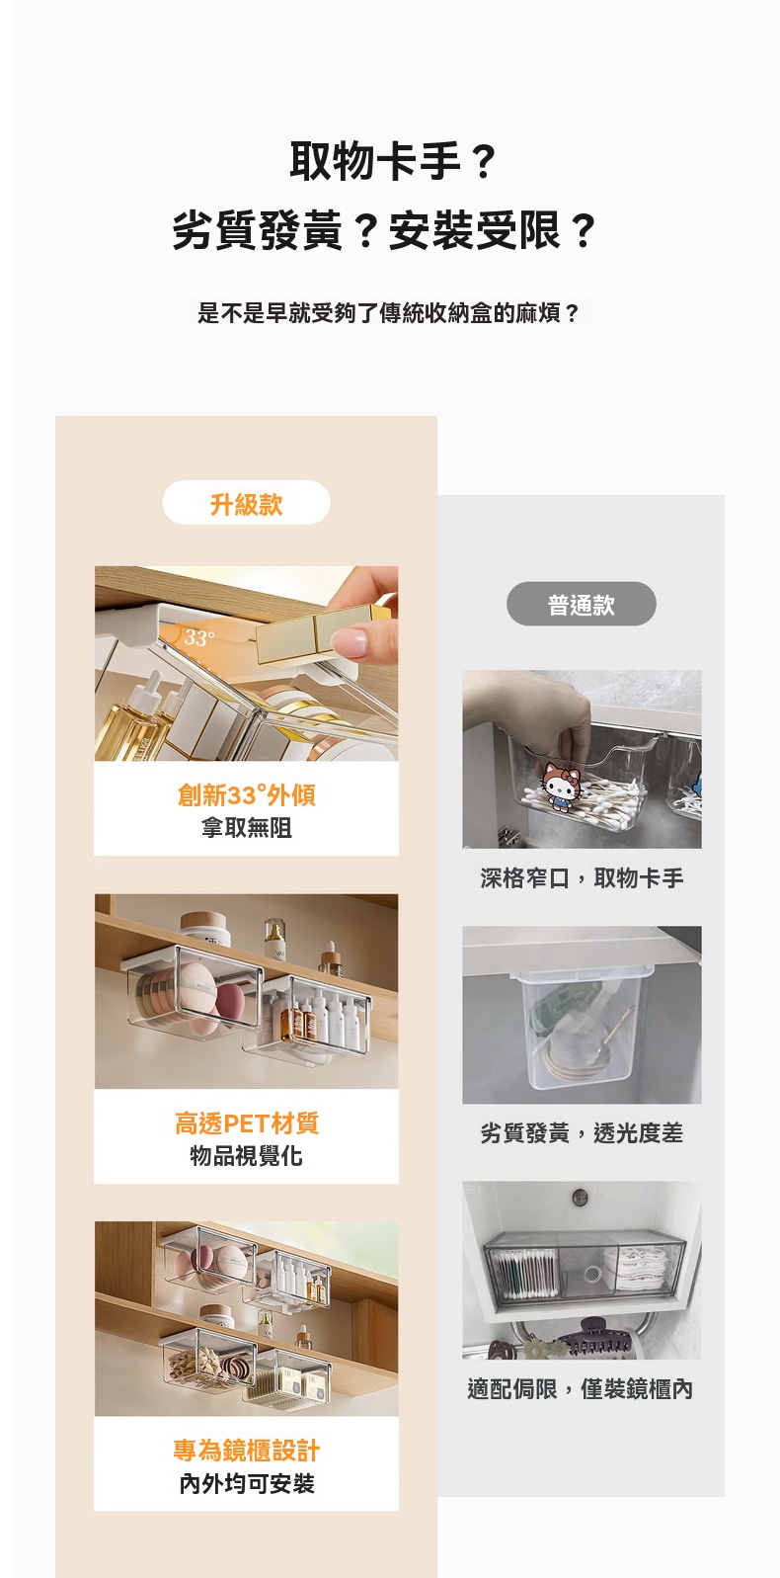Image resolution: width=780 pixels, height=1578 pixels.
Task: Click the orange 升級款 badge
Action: pos(247,503)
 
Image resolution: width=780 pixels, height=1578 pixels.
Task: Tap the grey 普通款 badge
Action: pos(582,605)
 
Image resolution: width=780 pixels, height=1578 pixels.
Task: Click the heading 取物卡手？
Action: pos(394,161)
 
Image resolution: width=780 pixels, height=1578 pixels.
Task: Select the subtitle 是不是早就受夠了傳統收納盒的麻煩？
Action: pos(388,313)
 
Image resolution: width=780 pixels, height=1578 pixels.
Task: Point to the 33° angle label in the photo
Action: pos(199,638)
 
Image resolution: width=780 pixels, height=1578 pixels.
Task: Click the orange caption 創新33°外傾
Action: pos(247,795)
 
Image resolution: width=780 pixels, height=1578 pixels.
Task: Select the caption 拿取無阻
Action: pos(247,828)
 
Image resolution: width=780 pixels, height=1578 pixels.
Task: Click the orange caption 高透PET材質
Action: pos(247,1122)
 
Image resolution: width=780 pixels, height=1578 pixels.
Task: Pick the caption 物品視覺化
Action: pos(247,1156)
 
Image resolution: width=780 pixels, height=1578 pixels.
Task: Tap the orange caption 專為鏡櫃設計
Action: pos(247,1451)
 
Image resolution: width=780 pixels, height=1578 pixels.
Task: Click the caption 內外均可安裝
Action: pos(247,1483)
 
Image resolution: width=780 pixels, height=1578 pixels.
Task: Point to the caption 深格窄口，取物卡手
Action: pos(582,877)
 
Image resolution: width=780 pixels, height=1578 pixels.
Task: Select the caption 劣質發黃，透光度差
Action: pos(582,1132)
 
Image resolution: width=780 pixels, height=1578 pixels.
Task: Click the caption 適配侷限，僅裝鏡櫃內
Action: pos(581,1388)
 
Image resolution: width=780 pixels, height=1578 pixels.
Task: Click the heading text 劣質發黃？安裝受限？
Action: pos(384,231)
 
